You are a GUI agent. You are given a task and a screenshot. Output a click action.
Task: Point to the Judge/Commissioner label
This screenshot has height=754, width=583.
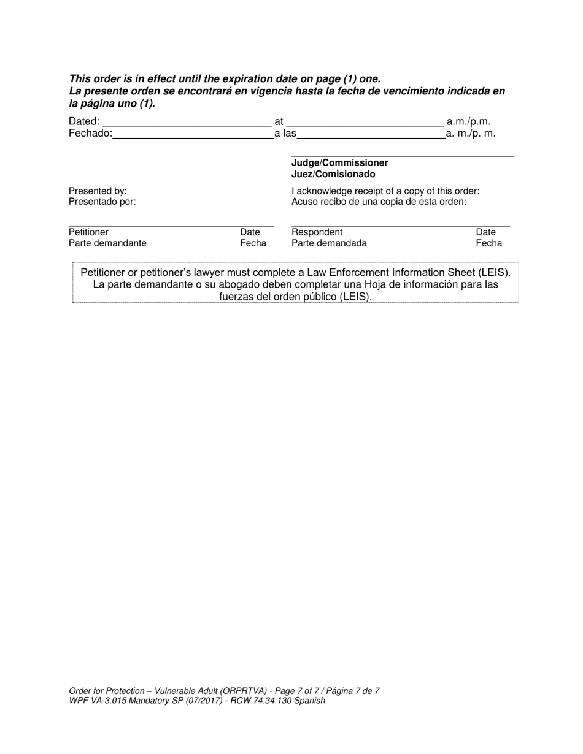(339, 163)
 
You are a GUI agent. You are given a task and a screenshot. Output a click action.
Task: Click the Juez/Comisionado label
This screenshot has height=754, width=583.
(333, 175)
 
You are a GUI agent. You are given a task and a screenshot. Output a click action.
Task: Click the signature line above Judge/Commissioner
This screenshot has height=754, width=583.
(402, 157)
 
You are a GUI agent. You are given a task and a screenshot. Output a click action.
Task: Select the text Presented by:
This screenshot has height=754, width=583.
(98, 191)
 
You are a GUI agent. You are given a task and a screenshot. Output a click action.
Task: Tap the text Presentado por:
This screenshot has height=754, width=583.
(102, 202)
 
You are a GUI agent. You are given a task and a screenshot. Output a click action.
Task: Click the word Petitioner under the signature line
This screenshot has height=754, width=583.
(88, 232)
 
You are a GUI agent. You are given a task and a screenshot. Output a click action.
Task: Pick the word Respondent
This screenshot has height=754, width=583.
(317, 232)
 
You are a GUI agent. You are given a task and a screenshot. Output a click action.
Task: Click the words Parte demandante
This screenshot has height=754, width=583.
(107, 243)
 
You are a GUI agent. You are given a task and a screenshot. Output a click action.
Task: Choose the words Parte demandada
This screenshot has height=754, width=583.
(329, 243)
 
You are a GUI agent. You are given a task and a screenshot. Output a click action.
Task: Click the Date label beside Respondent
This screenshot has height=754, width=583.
(485, 232)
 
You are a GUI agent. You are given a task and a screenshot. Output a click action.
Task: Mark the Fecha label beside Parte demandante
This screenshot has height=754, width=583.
(253, 243)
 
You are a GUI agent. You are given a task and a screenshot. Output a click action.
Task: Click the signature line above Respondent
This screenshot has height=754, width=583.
(400, 226)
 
